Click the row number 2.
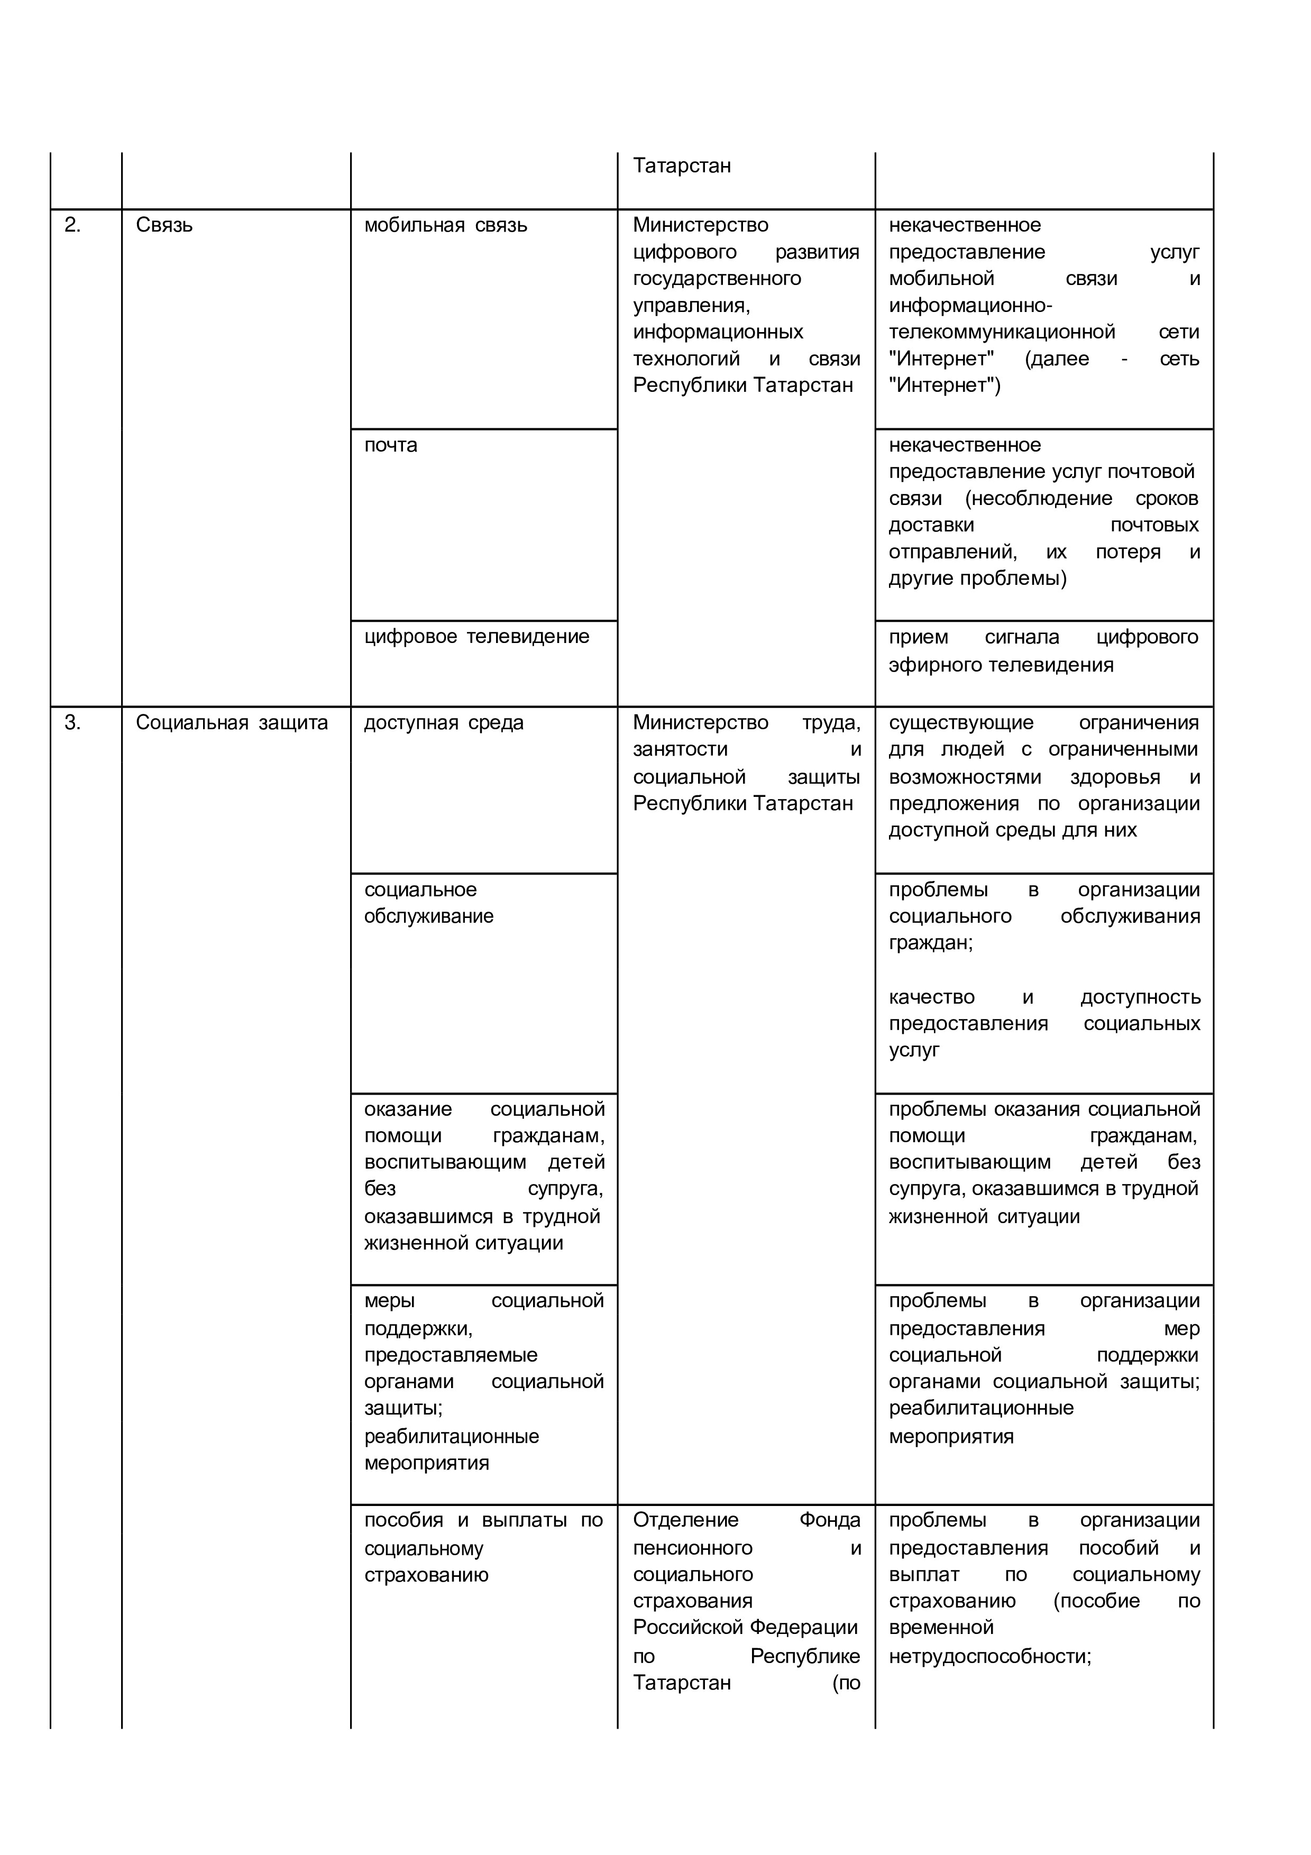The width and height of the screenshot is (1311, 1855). [x=72, y=225]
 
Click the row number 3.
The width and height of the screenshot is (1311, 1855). [x=72, y=723]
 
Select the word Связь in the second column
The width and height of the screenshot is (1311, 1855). [x=164, y=225]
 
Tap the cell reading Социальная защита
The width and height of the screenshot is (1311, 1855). [x=232, y=723]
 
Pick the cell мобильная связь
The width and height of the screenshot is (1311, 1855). [x=445, y=225]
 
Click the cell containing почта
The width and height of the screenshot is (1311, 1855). [x=390, y=445]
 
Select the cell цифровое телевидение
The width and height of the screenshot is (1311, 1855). [x=476, y=637]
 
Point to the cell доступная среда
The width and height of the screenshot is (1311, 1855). [x=444, y=723]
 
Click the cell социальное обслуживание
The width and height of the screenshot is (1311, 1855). [x=428, y=903]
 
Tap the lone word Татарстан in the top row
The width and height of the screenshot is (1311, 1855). [x=682, y=166]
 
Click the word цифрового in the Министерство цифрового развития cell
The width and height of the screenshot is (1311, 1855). [x=684, y=252]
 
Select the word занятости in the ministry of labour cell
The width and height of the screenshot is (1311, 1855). [x=680, y=750]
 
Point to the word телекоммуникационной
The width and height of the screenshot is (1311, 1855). [x=1002, y=332]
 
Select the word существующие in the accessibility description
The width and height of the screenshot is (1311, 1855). [x=960, y=723]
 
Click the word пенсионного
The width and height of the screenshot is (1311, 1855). [x=692, y=1548]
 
